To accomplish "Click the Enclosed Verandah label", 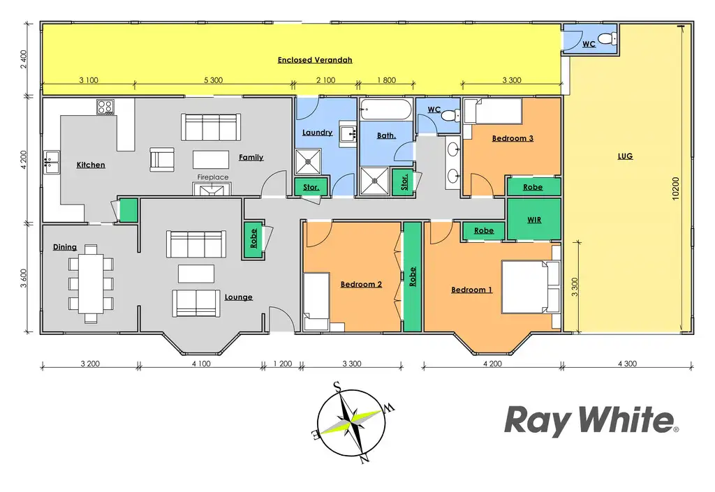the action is pyautogui.click(x=315, y=60).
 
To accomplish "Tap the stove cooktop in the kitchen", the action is pyautogui.click(x=105, y=107).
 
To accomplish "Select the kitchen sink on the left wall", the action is pyautogui.click(x=50, y=161).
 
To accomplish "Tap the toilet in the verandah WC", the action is pyautogui.click(x=608, y=38).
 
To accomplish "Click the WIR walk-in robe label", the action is pyautogui.click(x=534, y=219).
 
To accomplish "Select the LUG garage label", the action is pyautogui.click(x=625, y=156).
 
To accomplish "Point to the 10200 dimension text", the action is pyautogui.click(x=676, y=188).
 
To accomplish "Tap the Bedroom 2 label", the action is pyautogui.click(x=361, y=284).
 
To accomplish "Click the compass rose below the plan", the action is pyautogui.click(x=351, y=422).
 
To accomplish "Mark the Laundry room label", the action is pyautogui.click(x=317, y=133).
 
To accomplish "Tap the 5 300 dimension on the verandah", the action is pyautogui.click(x=212, y=80).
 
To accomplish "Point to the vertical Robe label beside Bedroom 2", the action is pyautogui.click(x=413, y=277).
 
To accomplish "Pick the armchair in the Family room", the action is pyautogui.click(x=162, y=160).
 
